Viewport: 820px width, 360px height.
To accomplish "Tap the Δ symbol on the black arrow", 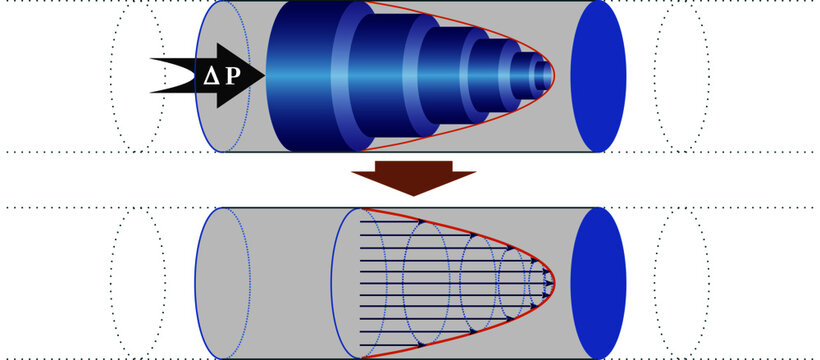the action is pos(211,75).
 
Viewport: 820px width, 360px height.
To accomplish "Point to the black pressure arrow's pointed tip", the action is pos(263,75).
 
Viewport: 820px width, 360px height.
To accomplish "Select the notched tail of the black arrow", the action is pos(160,75).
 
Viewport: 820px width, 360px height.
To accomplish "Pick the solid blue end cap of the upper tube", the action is pos(599,76).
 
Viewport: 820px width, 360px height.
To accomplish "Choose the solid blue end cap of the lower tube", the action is pos(599,283).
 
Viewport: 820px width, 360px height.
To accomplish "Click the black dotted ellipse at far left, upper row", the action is pos(137,76).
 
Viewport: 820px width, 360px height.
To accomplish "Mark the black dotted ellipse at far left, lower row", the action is pos(137,283).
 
